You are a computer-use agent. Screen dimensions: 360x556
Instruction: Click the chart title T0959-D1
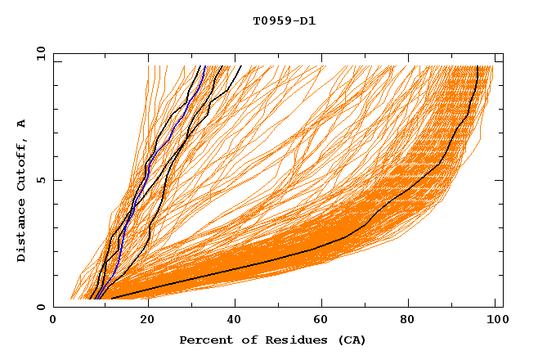pyautogui.click(x=285, y=20)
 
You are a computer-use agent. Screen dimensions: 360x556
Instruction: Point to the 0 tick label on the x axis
pyautogui.click(x=53, y=321)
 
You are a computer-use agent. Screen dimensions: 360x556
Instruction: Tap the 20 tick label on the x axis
pyautogui.click(x=147, y=321)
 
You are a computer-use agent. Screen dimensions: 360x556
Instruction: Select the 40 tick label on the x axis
pyautogui.click(x=237, y=321)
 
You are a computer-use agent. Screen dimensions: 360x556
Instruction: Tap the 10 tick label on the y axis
pyautogui.click(x=40, y=53)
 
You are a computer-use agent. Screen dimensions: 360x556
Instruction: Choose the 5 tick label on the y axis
pyautogui.click(x=40, y=180)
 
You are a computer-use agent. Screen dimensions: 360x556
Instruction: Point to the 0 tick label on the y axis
pyautogui.click(x=40, y=307)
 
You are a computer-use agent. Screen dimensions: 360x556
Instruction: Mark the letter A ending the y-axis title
pyautogui.click(x=22, y=123)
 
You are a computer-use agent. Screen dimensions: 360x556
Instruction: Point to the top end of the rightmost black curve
pyautogui.click(x=478, y=67)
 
